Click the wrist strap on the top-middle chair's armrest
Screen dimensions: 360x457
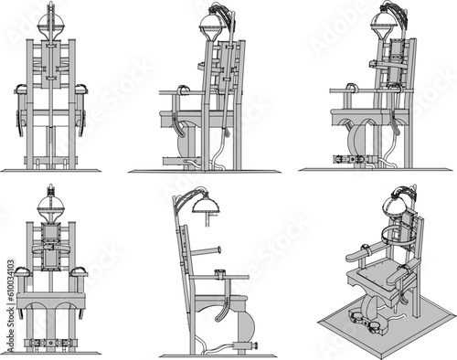coord(181,89)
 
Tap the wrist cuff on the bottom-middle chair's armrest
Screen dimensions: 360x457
coord(219,271)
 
